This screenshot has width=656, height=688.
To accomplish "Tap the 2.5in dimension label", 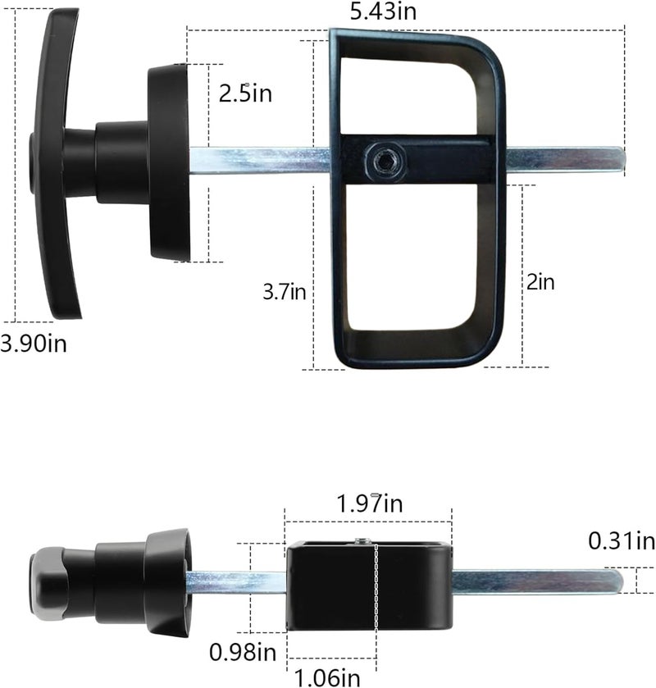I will coord(245,93).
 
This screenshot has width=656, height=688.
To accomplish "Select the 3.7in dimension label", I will coord(284,291).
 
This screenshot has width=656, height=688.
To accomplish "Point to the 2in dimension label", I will coord(541,282).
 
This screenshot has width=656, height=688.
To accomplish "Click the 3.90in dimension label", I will coord(34,343).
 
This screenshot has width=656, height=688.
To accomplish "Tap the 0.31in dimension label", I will coord(622,540).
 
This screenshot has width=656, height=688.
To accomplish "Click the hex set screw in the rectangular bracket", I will coord(383,159).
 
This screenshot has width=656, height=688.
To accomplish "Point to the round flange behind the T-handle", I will coord(171,162).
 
